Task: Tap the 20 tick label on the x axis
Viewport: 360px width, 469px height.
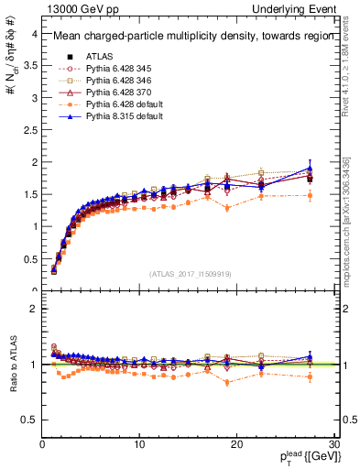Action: click(236, 443)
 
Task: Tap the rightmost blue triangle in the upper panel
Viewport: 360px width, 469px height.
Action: click(310, 169)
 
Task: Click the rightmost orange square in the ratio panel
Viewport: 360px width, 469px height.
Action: click(310, 376)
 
